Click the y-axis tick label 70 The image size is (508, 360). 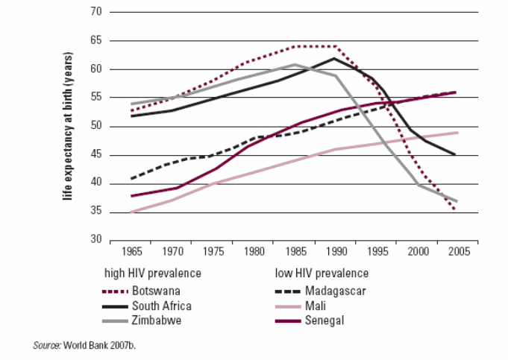pos(95,12)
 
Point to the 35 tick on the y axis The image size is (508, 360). pos(95,212)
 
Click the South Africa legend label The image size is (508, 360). pos(161,306)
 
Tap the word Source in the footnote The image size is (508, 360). pos(48,346)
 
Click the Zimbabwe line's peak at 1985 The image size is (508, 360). pos(295,65)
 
